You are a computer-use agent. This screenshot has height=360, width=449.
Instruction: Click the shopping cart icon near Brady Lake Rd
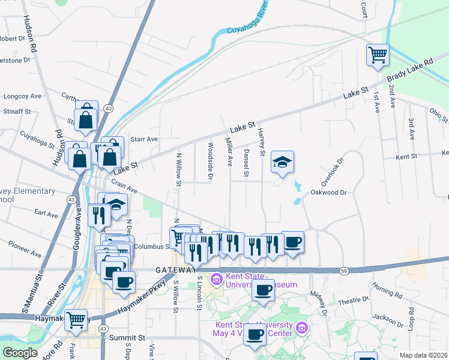pos(378,55)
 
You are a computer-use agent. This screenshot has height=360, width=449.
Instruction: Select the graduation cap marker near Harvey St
pos(282,162)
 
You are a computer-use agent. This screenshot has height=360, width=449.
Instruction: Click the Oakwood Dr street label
pos(329,193)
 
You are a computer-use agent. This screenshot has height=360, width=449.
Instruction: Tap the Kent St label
pos(406,157)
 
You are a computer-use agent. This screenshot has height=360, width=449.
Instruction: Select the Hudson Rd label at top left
pos(31,32)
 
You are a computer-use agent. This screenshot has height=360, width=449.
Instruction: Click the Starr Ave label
pos(144,139)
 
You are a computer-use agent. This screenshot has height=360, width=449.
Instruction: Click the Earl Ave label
pos(46,214)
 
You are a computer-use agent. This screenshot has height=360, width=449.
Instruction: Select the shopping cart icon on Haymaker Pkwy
pos(76,320)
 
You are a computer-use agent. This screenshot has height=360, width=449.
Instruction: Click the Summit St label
pos(127,338)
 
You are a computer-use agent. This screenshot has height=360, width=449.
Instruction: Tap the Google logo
pos(20,353)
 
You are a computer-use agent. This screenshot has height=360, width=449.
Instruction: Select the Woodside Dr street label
pos(210,161)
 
